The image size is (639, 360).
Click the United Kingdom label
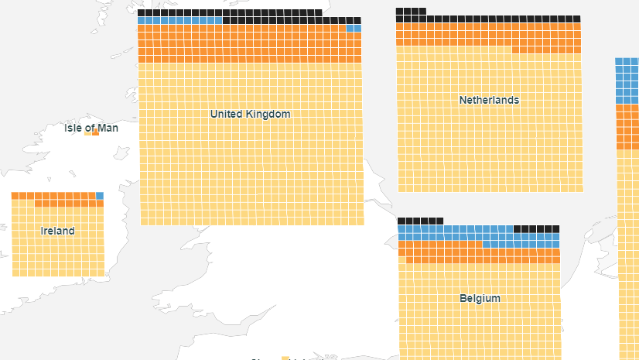pos(250,115)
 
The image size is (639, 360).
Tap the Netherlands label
pos(489,101)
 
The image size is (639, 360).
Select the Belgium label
pos(480,299)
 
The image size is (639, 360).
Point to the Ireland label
pos(58,231)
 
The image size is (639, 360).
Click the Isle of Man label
pos(91,128)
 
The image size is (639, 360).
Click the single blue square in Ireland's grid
pos(100,196)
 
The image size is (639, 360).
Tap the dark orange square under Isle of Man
pos(96,133)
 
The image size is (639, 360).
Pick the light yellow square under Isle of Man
pos(87,133)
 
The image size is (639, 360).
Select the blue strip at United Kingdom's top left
pos(179,21)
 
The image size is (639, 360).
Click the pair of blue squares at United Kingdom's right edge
pos(354,29)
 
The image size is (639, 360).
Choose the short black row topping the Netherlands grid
pos(411,11)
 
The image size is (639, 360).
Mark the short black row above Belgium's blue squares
pos(421,221)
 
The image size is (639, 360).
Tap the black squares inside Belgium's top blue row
pos(536,229)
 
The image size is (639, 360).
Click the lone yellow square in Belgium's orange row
pos(402,252)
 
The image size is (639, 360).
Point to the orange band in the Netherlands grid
pos(487,35)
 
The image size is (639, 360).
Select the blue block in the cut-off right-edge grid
pos(627,81)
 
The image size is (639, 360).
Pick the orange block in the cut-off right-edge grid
pos(627,127)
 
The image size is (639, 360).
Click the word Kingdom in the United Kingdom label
pos(266,115)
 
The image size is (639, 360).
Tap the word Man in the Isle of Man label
pos(108,128)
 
